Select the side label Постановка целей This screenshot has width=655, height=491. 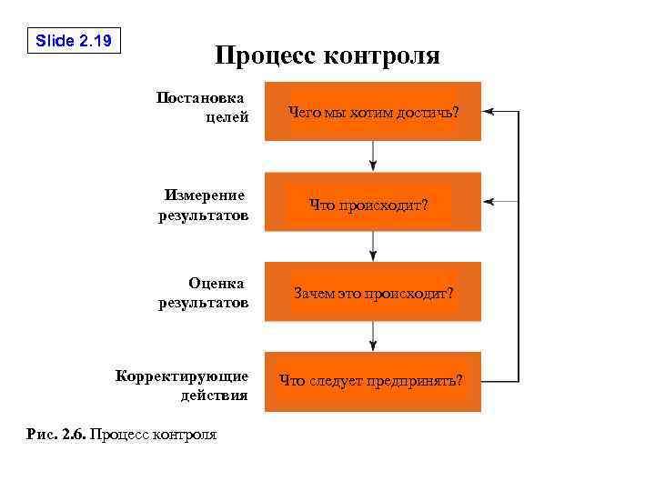[x=202, y=106]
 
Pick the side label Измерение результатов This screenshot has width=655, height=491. [x=203, y=205]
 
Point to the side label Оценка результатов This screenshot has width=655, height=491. [x=203, y=293]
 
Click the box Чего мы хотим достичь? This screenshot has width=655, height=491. [x=373, y=112]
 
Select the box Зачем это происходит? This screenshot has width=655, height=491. [x=373, y=293]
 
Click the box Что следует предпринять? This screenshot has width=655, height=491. [x=373, y=381]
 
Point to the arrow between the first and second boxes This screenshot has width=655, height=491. [x=373, y=155]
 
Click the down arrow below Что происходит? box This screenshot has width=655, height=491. [x=373, y=246]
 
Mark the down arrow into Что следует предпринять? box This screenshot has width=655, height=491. [x=373, y=336]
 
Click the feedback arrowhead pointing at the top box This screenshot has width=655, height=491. [x=489, y=111]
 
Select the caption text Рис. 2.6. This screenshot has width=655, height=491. [x=57, y=435]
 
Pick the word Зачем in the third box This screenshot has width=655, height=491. [x=310, y=293]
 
